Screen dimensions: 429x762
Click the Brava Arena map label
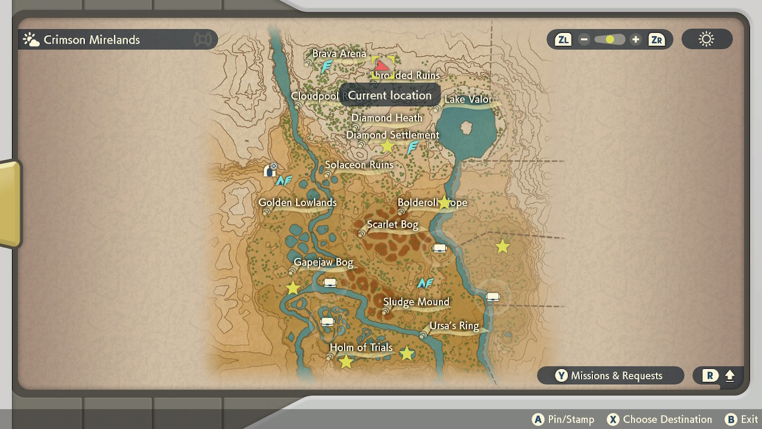(x=339, y=54)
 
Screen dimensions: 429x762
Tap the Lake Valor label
(x=468, y=100)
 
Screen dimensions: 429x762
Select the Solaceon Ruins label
(x=359, y=165)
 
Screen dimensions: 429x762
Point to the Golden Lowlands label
(x=297, y=203)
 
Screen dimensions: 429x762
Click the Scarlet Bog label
(x=392, y=225)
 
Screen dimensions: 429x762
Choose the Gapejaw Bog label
(x=323, y=262)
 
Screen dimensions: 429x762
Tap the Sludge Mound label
(x=416, y=302)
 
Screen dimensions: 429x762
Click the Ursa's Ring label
(x=454, y=326)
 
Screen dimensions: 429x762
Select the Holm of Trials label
(x=361, y=347)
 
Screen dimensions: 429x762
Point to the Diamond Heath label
(x=386, y=118)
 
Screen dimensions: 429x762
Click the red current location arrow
(x=382, y=66)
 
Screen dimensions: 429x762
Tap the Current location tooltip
(x=389, y=95)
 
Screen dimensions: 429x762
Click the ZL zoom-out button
(x=563, y=40)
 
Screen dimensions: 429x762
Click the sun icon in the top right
(x=707, y=40)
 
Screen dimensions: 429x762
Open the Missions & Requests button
(x=610, y=375)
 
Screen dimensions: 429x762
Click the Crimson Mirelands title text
(x=92, y=40)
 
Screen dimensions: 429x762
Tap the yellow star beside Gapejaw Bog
(x=293, y=288)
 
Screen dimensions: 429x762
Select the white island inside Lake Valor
(x=466, y=128)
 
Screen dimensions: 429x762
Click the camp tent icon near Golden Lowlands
(x=270, y=172)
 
